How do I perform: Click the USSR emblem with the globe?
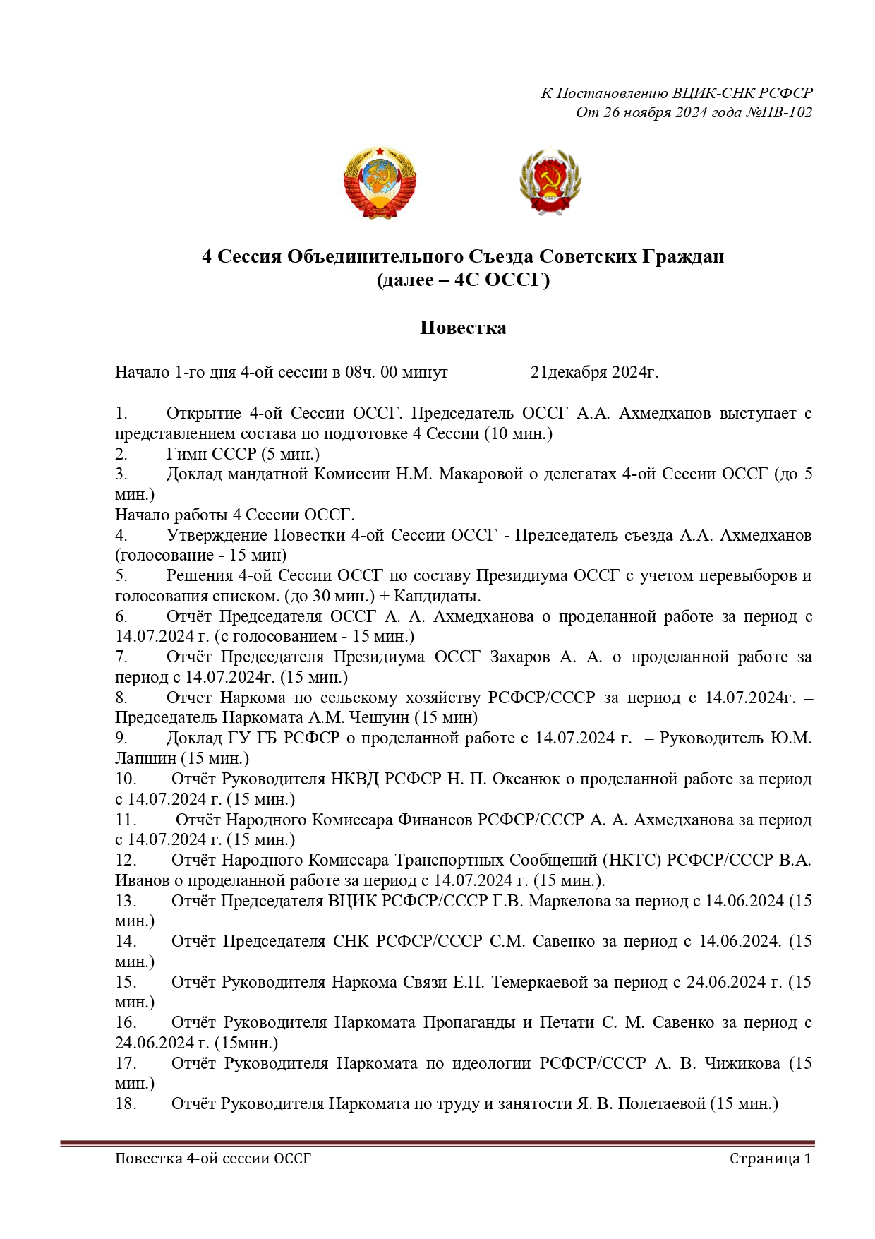pos(380,182)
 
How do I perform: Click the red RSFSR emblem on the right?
pos(550,182)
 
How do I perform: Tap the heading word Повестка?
pos(463,328)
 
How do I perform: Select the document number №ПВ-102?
pos(779,112)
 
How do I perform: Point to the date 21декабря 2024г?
pos(594,372)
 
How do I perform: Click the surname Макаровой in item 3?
pos(481,474)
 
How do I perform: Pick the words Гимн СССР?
pos(210,454)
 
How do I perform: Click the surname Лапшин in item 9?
pos(146,759)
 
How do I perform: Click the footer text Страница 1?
pos(771,1159)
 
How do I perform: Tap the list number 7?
pos(121,657)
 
